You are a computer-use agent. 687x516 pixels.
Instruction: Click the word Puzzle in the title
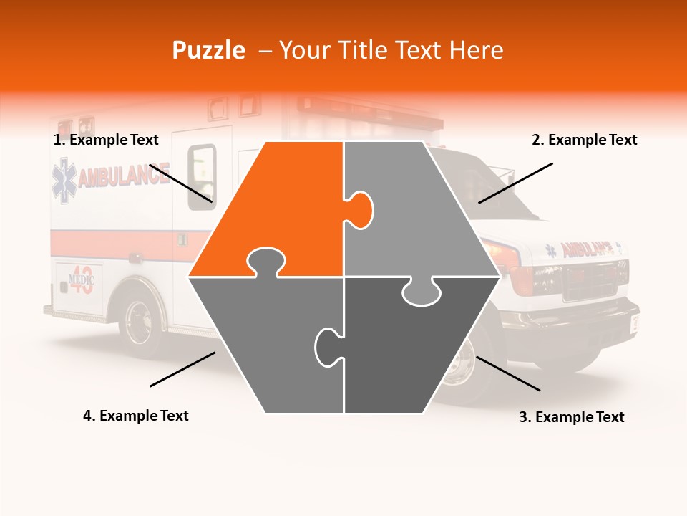pos(208,50)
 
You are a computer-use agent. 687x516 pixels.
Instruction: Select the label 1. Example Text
pos(106,140)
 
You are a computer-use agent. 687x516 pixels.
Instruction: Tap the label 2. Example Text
pos(584,140)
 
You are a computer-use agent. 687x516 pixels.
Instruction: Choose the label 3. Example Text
pos(571,417)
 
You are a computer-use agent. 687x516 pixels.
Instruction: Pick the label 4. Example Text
pos(136,416)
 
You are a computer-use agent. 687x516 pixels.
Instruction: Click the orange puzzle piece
pos(279,208)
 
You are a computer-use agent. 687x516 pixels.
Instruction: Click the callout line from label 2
pos(515,183)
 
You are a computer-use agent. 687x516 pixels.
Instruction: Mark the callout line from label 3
pos(507,373)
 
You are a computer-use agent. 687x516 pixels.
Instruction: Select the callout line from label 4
pos(182,368)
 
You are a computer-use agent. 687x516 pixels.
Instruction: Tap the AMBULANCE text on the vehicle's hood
pos(587,249)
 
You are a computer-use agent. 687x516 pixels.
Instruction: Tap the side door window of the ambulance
pos(202,176)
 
